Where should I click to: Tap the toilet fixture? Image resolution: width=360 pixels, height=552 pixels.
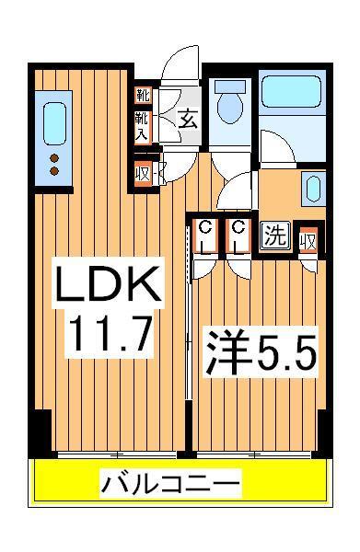click(x=227, y=104)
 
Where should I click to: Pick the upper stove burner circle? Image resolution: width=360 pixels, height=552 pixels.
click(x=53, y=157)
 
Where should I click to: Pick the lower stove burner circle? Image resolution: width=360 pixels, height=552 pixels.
click(x=53, y=170)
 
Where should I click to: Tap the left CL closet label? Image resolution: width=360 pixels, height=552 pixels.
click(x=205, y=236)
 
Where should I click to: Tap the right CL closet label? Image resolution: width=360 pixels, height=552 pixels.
click(x=238, y=236)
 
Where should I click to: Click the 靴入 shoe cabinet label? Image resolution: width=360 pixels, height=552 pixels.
click(x=143, y=126)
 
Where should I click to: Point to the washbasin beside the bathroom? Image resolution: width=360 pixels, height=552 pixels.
click(x=310, y=190)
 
